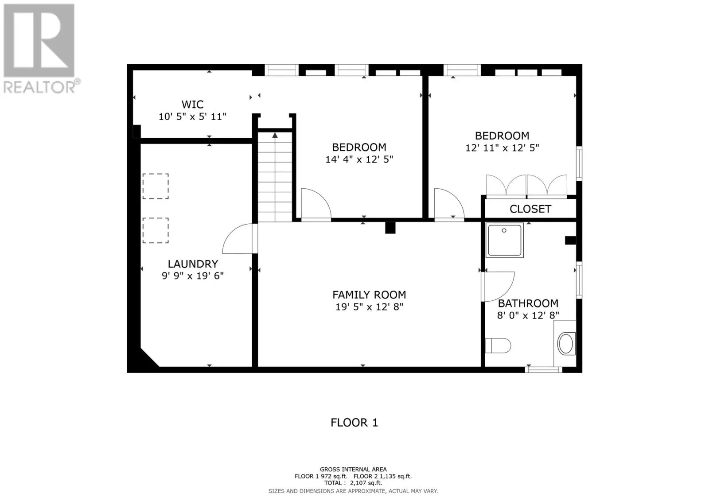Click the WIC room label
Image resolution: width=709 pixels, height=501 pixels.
click(x=192, y=105)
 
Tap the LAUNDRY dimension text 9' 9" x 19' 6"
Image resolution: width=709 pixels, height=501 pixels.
click(x=192, y=276)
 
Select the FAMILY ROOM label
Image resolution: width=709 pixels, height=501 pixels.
click(x=369, y=295)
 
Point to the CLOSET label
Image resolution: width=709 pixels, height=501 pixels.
click(x=530, y=209)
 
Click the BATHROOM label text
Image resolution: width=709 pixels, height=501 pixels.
click(x=528, y=303)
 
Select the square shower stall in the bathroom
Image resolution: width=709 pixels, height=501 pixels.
click(x=505, y=240)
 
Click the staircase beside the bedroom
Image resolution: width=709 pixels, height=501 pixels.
click(x=275, y=177)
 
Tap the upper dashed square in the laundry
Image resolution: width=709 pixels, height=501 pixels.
click(x=156, y=186)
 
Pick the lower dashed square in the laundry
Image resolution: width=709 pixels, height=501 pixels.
click(x=156, y=230)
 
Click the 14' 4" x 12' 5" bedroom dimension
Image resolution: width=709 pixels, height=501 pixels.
click(x=359, y=159)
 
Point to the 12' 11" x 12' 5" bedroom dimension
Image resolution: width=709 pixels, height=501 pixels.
click(x=502, y=148)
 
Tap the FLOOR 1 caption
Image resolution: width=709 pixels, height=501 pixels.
click(x=354, y=423)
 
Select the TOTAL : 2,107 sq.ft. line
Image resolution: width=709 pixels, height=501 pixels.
click(x=353, y=483)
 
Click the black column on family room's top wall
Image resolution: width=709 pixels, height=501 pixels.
click(x=390, y=227)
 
